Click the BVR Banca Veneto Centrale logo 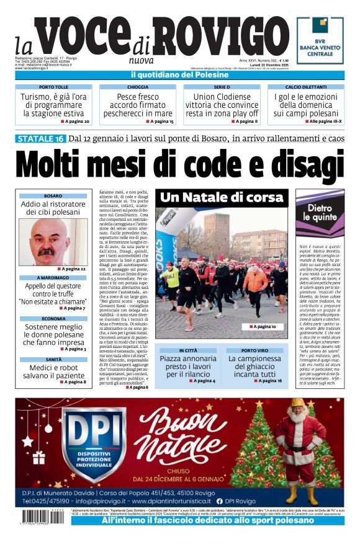click(x=320, y=40)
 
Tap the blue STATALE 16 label click(x=40, y=138)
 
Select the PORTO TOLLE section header click(x=54, y=87)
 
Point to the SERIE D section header click(x=222, y=87)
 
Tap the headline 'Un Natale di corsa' click(x=222, y=198)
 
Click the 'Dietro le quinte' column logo click(x=320, y=213)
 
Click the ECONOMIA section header click(x=53, y=319)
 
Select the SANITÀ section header click(x=53, y=359)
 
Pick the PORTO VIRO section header click(x=255, y=350)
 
